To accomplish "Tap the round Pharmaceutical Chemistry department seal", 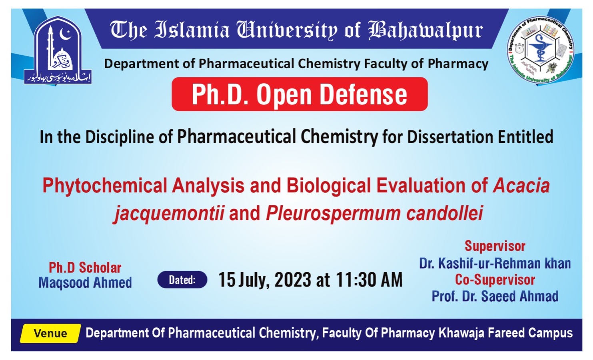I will [x=540, y=50].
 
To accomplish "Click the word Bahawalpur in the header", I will [x=425, y=31].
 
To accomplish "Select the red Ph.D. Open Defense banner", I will [x=299, y=94].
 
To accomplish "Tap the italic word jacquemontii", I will [x=169, y=213].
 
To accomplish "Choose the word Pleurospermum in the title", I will [x=333, y=213].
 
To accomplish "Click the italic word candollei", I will [x=445, y=213].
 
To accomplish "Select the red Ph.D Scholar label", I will [x=85, y=267].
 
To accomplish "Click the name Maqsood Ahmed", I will [x=85, y=282].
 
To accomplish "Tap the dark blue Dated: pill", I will [x=182, y=280].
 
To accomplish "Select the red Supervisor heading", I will [x=495, y=246].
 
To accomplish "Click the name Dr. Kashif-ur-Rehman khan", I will [x=495, y=263].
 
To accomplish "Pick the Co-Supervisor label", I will [x=495, y=280].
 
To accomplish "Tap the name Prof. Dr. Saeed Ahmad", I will [x=495, y=296].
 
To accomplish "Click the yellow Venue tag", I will [x=50, y=333].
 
